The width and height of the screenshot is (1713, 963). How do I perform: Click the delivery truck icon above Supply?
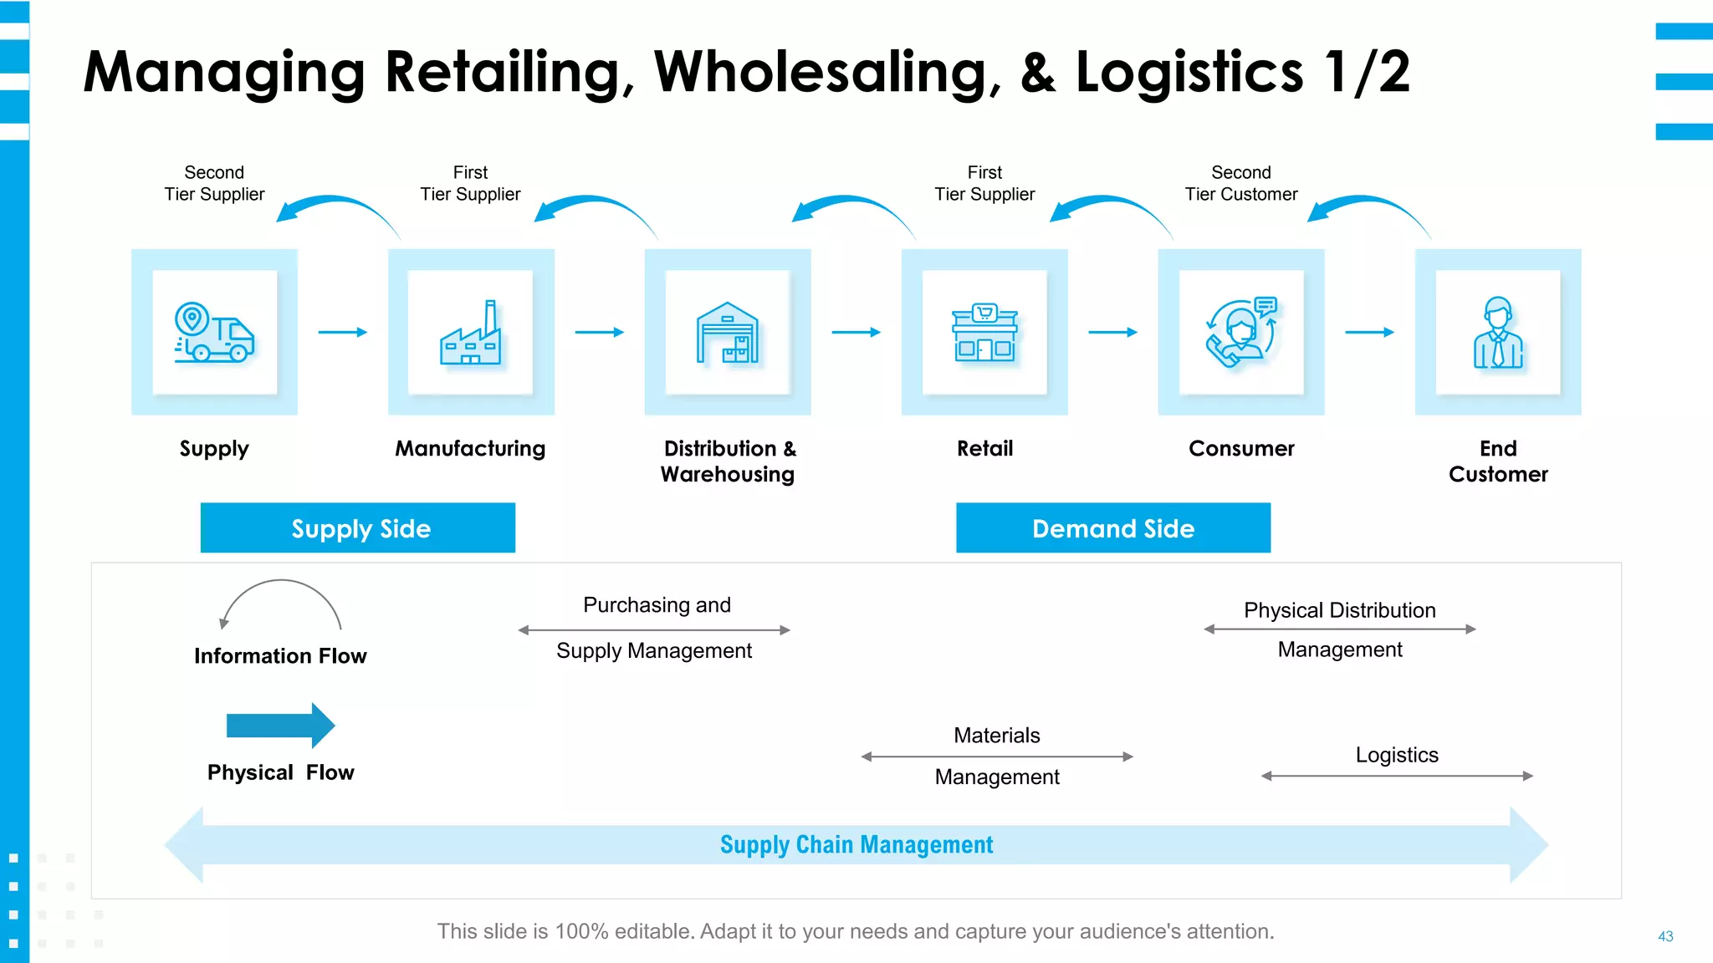(x=214, y=332)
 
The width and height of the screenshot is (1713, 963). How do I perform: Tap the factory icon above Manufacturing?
(x=471, y=333)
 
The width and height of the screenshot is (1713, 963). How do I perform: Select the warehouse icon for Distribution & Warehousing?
(x=728, y=333)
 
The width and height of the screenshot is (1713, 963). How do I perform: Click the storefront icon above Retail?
(x=984, y=333)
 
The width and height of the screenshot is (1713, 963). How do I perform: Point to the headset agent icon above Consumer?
(x=1241, y=333)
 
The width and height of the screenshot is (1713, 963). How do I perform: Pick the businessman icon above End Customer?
(x=1498, y=333)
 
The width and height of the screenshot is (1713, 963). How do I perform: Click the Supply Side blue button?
(x=358, y=527)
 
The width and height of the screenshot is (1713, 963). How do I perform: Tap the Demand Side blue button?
(x=1113, y=527)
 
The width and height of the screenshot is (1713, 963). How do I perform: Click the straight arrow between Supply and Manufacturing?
(x=343, y=332)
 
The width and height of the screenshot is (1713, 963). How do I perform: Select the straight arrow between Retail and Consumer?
(x=1112, y=332)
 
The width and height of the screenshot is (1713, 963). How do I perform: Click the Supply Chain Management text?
(x=856, y=844)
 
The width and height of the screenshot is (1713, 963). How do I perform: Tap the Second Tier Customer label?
(x=1241, y=183)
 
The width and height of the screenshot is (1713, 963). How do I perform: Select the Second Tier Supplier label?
(x=214, y=183)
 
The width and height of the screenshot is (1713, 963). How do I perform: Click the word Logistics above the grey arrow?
(x=1397, y=755)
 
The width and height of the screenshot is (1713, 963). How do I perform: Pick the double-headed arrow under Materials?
(x=997, y=757)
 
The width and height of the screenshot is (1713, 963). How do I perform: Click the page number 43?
(x=1665, y=936)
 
